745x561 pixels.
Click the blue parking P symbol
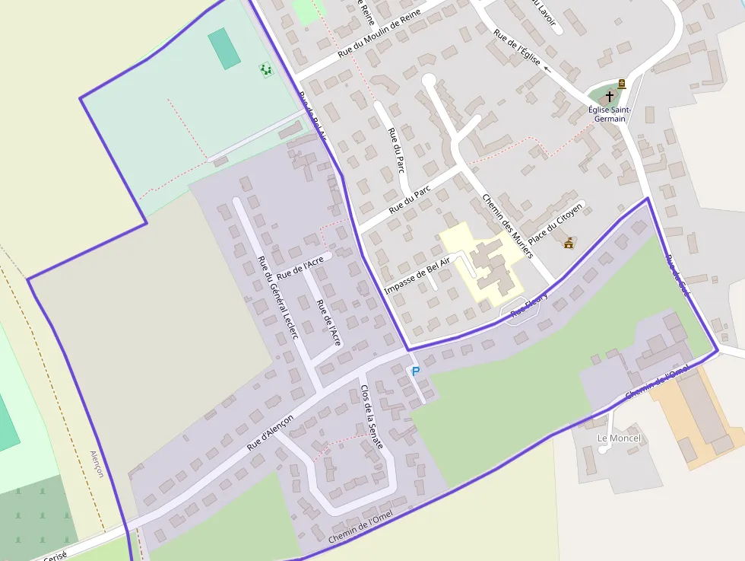415,371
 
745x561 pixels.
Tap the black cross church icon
609,97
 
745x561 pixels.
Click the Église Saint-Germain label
607,114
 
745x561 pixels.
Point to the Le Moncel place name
619,438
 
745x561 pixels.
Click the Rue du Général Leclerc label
277,296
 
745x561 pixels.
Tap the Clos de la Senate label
371,416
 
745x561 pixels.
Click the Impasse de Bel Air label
417,275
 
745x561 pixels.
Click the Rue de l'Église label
516,49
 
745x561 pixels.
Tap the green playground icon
266,69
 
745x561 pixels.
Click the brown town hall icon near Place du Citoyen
569,243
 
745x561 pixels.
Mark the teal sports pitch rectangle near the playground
224,49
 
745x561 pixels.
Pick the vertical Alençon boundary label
97,463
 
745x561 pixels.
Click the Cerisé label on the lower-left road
55,556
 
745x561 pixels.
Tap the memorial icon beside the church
622,84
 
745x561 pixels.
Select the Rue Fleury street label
529,305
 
